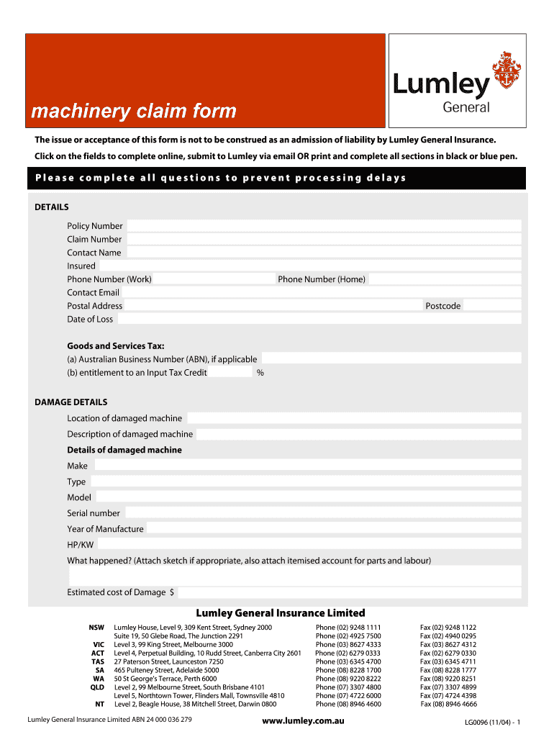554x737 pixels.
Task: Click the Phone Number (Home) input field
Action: tap(444, 279)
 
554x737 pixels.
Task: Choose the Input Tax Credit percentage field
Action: tap(231, 372)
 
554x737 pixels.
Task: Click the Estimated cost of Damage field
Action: tap(348, 592)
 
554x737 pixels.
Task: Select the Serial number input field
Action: tap(322, 513)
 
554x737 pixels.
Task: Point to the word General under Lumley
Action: tap(466, 107)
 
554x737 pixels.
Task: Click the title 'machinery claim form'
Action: tap(133, 112)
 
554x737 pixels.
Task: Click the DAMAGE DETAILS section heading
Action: tap(71, 402)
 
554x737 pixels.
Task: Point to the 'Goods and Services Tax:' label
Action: tap(116, 345)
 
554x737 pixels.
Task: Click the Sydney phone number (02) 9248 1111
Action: tap(348, 628)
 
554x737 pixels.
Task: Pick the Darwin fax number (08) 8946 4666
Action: tap(448, 705)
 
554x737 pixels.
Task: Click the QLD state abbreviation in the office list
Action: tap(97, 687)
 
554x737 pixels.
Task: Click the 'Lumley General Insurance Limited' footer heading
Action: tap(281, 613)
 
